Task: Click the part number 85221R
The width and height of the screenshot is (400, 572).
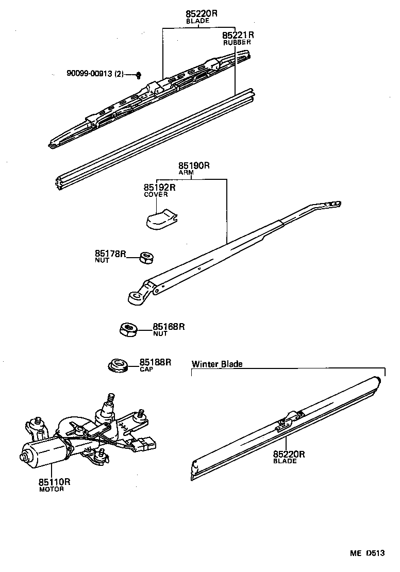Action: pyautogui.click(x=238, y=35)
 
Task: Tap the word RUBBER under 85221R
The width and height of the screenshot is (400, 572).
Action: pyautogui.click(x=237, y=43)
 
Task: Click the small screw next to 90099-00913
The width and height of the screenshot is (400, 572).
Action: pyautogui.click(x=139, y=76)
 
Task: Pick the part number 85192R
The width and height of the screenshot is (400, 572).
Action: pyautogui.click(x=159, y=188)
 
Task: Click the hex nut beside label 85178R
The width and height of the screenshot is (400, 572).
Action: pyautogui.click(x=146, y=257)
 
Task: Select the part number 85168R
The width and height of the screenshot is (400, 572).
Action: pyautogui.click(x=169, y=326)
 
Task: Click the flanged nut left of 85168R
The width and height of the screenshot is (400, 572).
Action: pyautogui.click(x=128, y=328)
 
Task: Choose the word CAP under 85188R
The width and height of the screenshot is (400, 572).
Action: pyautogui.click(x=146, y=369)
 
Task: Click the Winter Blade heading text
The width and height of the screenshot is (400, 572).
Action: pyautogui.click(x=217, y=364)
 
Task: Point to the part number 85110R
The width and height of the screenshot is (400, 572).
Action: pyautogui.click(x=54, y=482)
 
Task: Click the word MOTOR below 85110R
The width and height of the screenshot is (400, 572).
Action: pyautogui.click(x=52, y=489)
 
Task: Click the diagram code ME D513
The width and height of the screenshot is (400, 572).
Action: pyautogui.click(x=368, y=553)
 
